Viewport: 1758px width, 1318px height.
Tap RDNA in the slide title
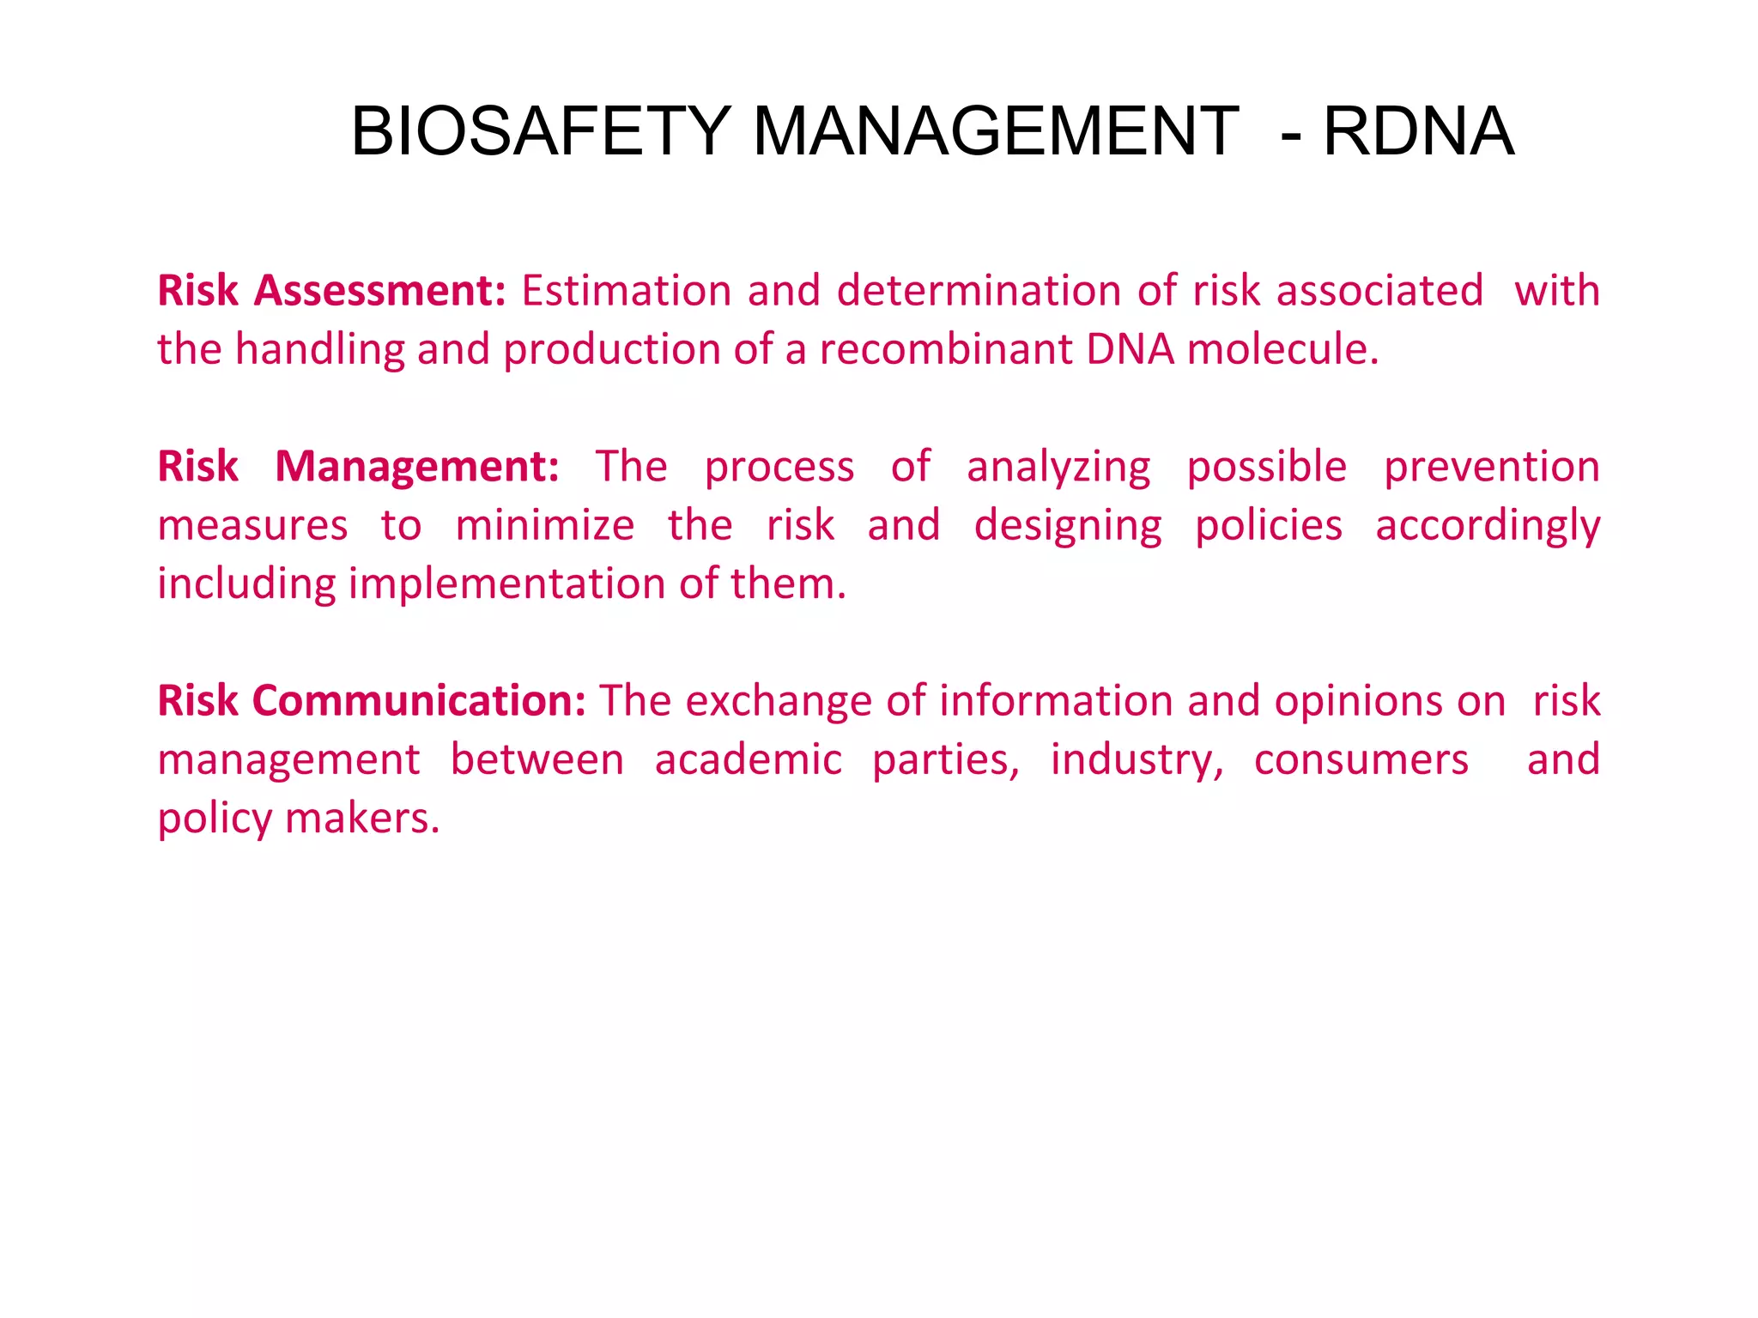(1418, 131)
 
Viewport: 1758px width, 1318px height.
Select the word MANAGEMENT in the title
(996, 131)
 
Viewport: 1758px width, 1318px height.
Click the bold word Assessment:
(379, 290)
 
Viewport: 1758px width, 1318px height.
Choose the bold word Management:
(417, 466)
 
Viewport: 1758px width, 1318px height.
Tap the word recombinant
(945, 349)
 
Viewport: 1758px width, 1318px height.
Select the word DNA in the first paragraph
(1130, 349)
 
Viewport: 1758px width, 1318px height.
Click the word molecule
(1282, 349)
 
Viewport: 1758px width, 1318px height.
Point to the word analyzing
(1058, 468)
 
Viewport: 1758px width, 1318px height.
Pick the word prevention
(1492, 468)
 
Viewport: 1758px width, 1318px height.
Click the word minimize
(545, 525)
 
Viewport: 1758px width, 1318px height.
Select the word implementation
(507, 584)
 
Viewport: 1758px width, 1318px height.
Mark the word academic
(749, 760)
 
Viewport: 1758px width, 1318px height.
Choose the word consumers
(1361, 760)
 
